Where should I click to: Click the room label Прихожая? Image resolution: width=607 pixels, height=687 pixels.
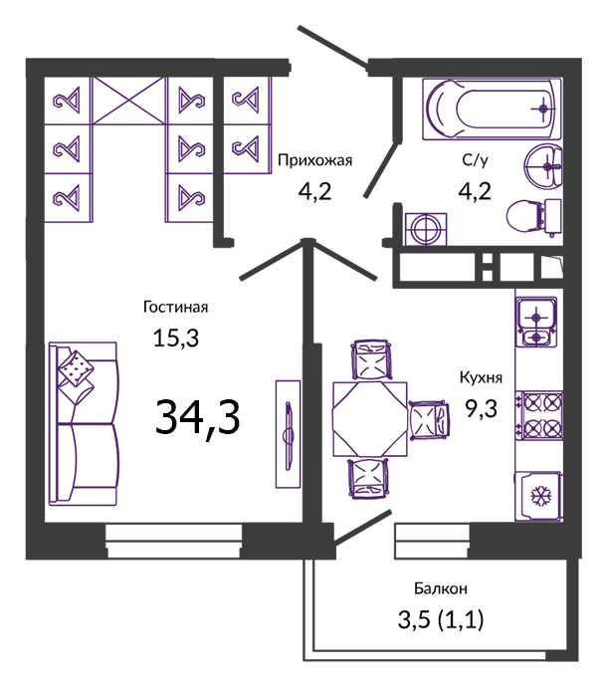click(314, 161)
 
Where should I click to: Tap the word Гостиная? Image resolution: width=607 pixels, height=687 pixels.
click(175, 307)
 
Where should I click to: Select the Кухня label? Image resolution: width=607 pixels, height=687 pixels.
click(481, 377)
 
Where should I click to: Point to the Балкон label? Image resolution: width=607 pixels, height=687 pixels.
click(441, 588)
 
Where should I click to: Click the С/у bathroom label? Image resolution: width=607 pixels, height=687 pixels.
click(475, 160)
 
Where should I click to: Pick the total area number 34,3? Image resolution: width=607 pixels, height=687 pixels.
click(197, 418)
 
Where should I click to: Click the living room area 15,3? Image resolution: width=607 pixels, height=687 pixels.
click(175, 339)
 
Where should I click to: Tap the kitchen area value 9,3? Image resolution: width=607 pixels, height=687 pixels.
click(481, 409)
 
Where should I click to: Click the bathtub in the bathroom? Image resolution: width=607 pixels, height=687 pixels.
click(492, 110)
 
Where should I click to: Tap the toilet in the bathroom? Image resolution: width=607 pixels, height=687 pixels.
click(533, 217)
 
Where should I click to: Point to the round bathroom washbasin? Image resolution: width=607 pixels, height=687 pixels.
click(543, 166)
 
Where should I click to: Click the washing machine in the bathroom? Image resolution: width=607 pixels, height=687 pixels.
click(426, 229)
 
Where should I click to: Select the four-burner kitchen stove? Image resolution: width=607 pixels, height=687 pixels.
click(538, 415)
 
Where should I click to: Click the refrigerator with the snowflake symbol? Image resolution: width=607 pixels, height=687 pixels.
click(538, 497)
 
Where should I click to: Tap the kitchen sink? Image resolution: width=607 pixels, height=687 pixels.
click(536, 322)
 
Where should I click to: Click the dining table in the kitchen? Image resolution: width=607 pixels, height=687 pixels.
click(369, 419)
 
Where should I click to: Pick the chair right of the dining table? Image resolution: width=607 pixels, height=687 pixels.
click(429, 420)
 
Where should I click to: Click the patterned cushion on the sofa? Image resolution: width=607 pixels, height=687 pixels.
click(76, 368)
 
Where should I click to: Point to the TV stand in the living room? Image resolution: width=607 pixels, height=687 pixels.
click(288, 434)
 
